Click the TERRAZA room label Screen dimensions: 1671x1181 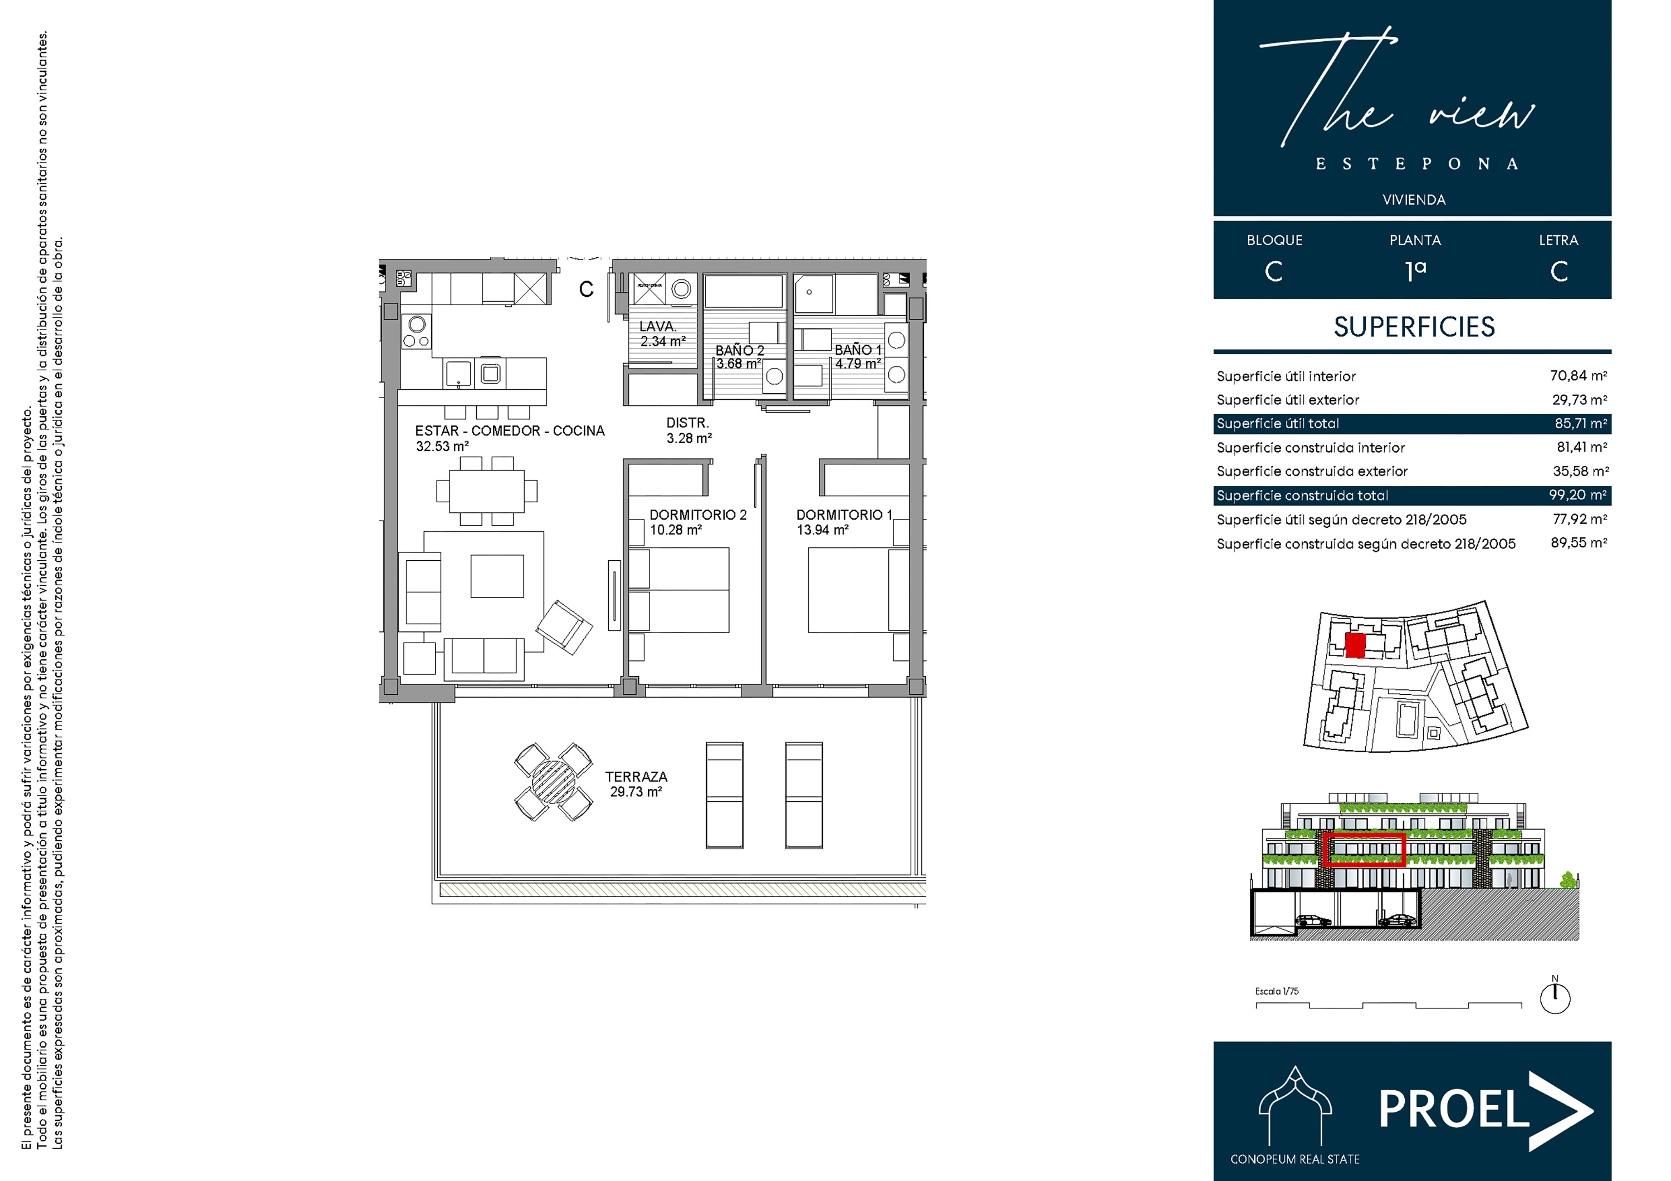[x=636, y=777]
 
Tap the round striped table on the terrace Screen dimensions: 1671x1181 [x=553, y=782]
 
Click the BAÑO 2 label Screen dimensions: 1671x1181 [x=740, y=351]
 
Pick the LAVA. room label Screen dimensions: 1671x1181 [x=658, y=327]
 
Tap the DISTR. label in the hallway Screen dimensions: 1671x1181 [x=687, y=423]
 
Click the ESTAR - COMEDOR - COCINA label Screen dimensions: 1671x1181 [x=510, y=431]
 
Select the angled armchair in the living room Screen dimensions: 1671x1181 [x=564, y=627]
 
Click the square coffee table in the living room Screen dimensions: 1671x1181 [x=497, y=576]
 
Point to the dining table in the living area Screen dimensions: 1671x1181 [x=486, y=492]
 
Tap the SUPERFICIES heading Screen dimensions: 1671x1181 [x=1414, y=327]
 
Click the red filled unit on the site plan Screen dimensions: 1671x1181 [x=1355, y=645]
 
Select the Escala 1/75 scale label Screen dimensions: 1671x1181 [x=1277, y=991]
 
